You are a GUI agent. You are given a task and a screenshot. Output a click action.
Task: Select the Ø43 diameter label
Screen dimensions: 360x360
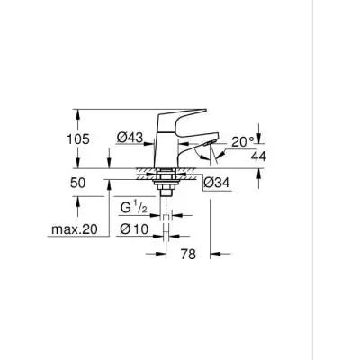click(131, 138)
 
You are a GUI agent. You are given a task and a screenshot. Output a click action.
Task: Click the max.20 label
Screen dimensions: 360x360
click(73, 230)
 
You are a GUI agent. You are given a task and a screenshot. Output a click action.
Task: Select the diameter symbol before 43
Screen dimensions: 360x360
click(121, 138)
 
